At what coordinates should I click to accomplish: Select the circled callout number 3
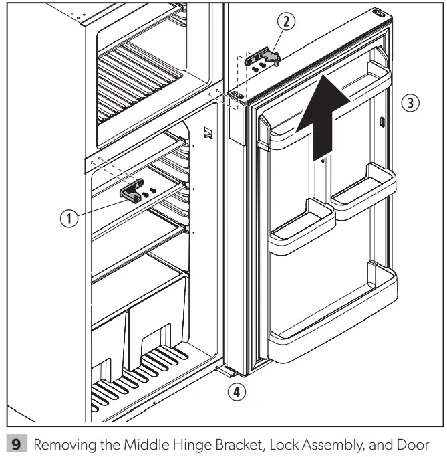pos(412,103)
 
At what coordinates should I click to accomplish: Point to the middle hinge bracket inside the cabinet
pos(132,193)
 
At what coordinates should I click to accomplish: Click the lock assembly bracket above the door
pos(263,58)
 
